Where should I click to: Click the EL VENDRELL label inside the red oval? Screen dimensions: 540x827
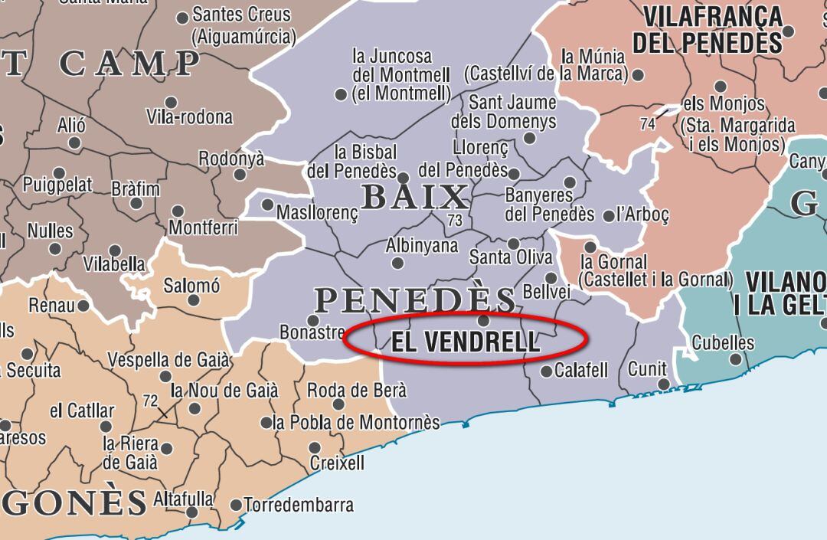[465, 342]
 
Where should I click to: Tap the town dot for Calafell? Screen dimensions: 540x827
[546, 371]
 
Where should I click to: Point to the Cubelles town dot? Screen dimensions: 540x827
[736, 358]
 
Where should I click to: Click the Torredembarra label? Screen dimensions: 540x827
[299, 506]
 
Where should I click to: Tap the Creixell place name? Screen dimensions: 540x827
[337, 463]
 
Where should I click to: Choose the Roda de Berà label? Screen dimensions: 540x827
[356, 391]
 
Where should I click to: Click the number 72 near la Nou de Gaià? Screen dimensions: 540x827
[150, 401]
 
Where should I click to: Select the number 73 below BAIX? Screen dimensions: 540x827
[455, 221]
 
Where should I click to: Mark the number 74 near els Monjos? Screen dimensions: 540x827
[648, 123]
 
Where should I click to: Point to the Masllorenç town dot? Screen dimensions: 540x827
[267, 205]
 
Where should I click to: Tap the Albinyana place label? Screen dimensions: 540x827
[422, 247]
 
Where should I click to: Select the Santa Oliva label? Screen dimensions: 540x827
[511, 257]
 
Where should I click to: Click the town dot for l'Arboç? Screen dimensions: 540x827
[609, 216]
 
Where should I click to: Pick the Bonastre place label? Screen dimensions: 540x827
[312, 334]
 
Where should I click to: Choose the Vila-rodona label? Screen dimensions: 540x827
[189, 117]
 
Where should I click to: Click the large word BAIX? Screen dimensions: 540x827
[414, 198]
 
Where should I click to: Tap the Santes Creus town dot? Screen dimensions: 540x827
[182, 18]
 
